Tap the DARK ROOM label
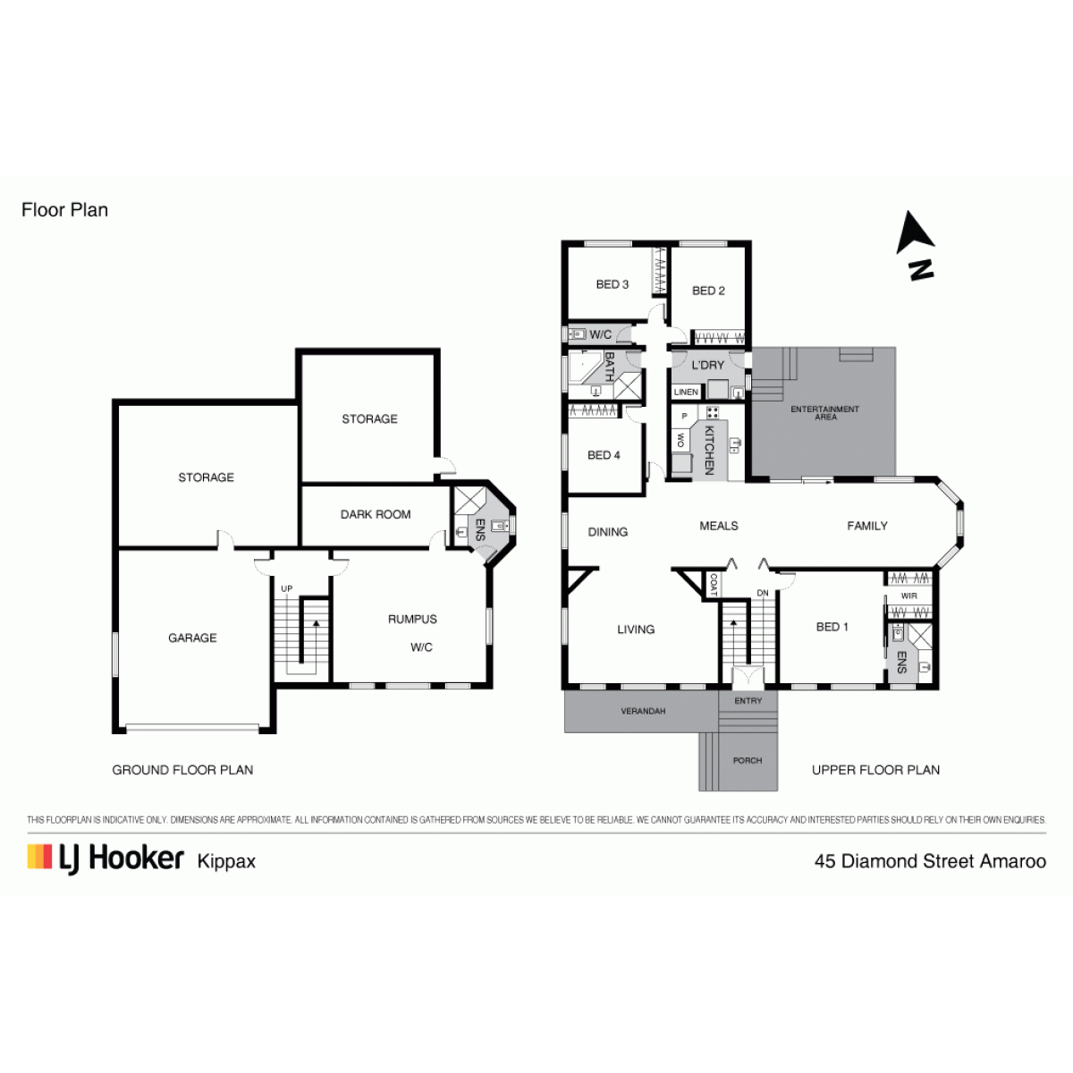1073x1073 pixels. pyautogui.click(x=376, y=514)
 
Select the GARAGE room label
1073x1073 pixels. pyautogui.click(x=192, y=638)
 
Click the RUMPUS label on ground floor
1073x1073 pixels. pyautogui.click(x=412, y=619)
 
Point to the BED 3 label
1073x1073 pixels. pyautogui.click(x=612, y=284)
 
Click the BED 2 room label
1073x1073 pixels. pyautogui.click(x=708, y=291)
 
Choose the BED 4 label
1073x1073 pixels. pyautogui.click(x=604, y=455)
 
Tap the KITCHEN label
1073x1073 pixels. pyautogui.click(x=709, y=450)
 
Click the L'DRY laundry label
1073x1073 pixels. pyautogui.click(x=707, y=366)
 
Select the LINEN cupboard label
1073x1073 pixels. pyautogui.click(x=686, y=392)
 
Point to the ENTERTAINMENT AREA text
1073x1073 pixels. pyautogui.click(x=824, y=412)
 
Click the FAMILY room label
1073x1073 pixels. pyautogui.click(x=867, y=526)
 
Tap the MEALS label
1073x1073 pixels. pyautogui.click(x=718, y=526)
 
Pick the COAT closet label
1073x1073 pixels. pyautogui.click(x=714, y=584)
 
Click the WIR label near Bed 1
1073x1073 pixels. pyautogui.click(x=908, y=596)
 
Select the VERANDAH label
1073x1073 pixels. pyautogui.click(x=643, y=711)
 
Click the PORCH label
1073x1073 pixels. pyautogui.click(x=748, y=760)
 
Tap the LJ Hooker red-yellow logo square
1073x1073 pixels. pyautogui.click(x=39, y=857)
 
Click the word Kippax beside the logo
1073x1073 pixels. pyautogui.click(x=226, y=861)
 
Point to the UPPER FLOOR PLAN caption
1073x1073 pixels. pyautogui.click(x=875, y=770)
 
